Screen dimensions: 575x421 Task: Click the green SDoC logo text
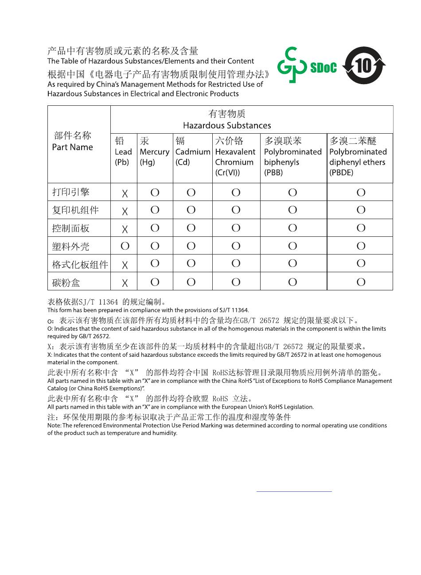323,67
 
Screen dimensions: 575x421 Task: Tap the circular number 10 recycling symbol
364,66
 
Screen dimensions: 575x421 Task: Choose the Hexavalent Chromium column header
235,157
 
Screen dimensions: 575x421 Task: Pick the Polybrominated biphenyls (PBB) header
292,157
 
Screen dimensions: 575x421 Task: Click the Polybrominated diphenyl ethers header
358,157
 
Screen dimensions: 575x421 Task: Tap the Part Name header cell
73,142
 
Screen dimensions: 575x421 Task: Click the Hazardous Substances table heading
227,120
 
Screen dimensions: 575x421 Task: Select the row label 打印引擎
71,192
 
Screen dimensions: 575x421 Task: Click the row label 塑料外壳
71,246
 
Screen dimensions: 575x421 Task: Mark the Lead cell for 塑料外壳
125,246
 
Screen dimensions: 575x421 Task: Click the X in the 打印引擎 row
125,193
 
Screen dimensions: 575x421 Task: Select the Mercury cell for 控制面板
155,228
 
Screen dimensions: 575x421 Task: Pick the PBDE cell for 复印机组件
361,210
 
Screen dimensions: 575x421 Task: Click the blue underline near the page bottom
294,491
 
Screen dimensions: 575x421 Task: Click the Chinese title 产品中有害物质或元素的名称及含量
123,51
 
